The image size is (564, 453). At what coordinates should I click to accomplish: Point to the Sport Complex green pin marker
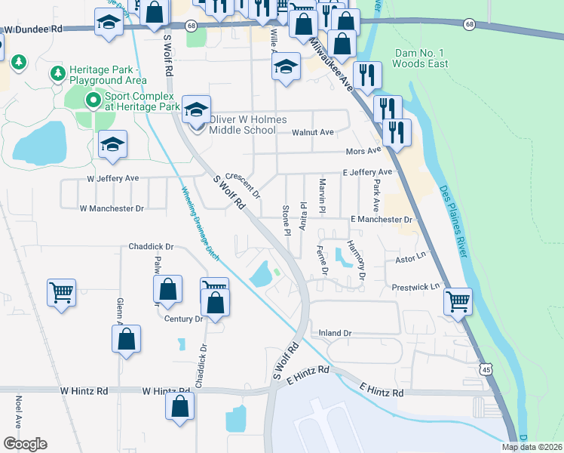point(93,100)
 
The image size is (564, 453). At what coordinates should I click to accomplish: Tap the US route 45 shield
point(487,367)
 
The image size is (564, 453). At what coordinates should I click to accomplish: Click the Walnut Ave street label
point(312,133)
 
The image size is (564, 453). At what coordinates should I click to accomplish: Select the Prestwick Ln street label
point(415,288)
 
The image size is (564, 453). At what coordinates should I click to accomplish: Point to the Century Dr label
point(184,319)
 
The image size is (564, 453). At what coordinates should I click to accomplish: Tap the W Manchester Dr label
point(111,208)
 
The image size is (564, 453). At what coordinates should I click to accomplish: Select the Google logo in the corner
point(25,444)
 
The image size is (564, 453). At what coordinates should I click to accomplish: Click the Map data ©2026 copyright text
point(532,447)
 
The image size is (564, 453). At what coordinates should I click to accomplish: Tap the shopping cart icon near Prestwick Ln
point(458,301)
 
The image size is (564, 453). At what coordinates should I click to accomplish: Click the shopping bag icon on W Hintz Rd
point(180,405)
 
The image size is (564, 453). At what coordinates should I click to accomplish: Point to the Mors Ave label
point(360,152)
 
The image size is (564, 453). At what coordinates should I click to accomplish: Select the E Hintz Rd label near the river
point(382,391)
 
